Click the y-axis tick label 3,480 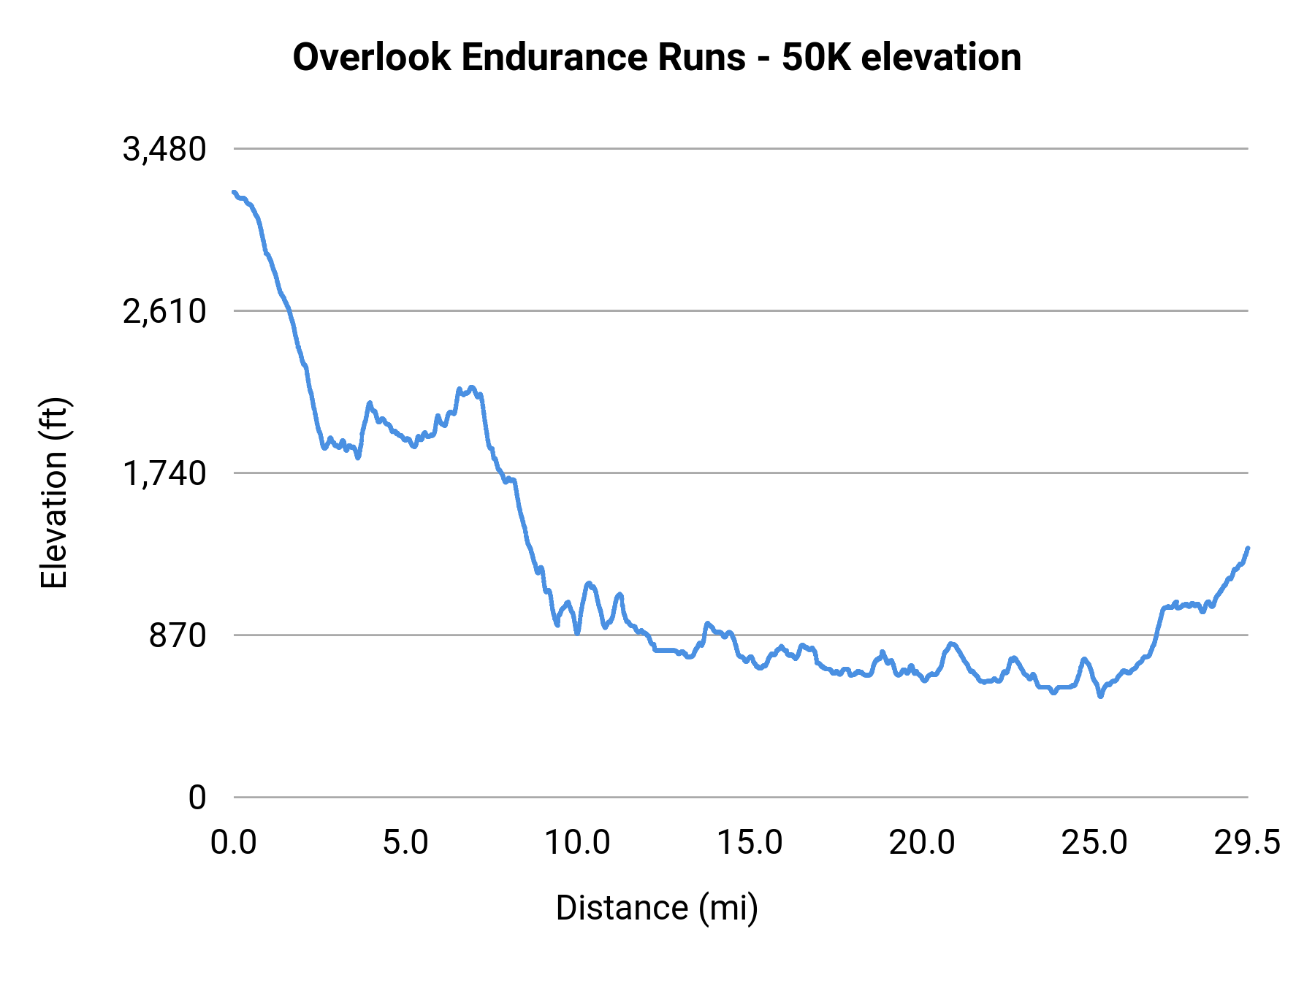click(x=164, y=150)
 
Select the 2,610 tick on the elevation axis click(x=164, y=312)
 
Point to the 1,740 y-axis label click(x=164, y=474)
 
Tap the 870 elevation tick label click(x=178, y=636)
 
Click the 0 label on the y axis click(x=197, y=798)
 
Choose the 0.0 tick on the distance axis click(x=234, y=843)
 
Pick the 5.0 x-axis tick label click(x=405, y=843)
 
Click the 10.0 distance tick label click(x=577, y=843)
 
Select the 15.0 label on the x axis click(x=750, y=843)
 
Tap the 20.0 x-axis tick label click(x=922, y=843)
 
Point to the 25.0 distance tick click(x=1094, y=843)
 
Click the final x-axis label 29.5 click(x=1247, y=843)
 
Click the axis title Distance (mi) click(x=657, y=908)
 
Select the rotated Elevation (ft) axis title click(x=54, y=493)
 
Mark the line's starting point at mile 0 click(x=234, y=192)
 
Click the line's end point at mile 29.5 click(x=1248, y=548)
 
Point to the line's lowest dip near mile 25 click(x=1100, y=696)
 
